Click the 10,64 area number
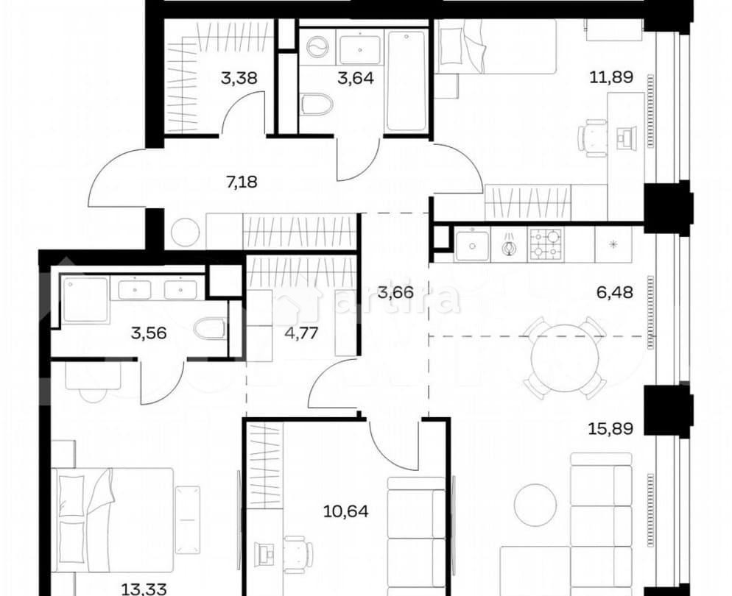(342, 509)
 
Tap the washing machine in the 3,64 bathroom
(317, 48)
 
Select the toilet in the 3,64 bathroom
(314, 102)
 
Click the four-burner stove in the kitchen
(546, 244)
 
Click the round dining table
(566, 357)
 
